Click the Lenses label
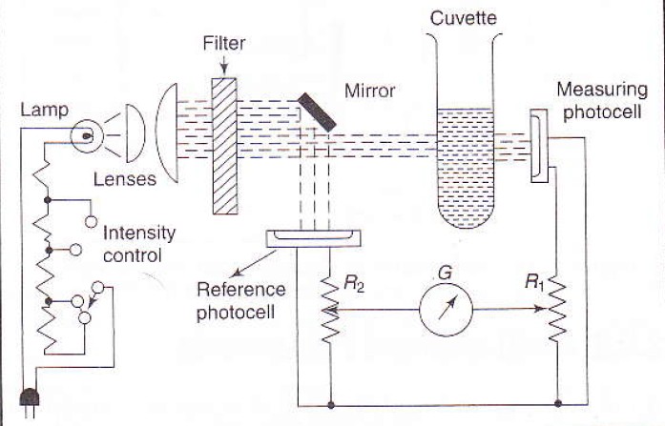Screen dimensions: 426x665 click(x=125, y=179)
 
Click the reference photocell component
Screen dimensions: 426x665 click(x=316, y=235)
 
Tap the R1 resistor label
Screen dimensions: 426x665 click(x=535, y=282)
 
